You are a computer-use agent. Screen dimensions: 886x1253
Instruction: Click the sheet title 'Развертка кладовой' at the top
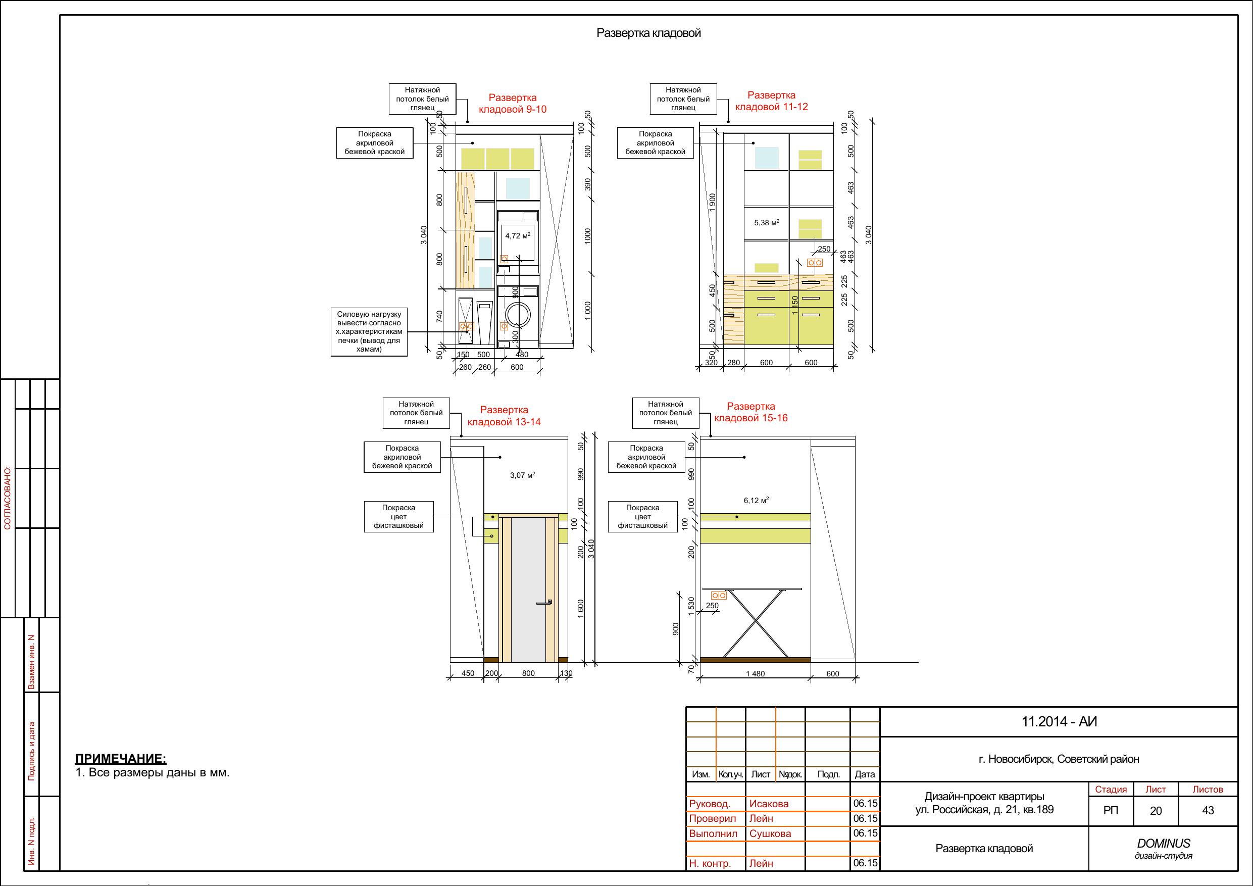tap(648, 33)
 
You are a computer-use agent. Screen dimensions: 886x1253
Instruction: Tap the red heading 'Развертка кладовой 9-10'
tap(513, 103)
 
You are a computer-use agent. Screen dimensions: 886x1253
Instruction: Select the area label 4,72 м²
tap(517, 236)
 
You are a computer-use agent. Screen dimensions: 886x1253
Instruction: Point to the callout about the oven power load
tap(369, 332)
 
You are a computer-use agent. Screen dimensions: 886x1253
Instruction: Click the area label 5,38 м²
tap(766, 223)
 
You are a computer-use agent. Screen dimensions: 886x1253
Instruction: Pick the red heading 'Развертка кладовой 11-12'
tap(771, 101)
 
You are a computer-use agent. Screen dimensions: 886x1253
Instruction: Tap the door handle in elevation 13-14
tap(544, 602)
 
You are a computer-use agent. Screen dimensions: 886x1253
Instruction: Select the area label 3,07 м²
tap(522, 475)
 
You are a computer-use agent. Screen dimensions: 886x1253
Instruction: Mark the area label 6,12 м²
tap(756, 500)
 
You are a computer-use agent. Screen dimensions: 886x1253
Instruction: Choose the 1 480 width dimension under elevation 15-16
tap(756, 674)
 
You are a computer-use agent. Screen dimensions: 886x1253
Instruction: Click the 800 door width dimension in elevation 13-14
tap(528, 673)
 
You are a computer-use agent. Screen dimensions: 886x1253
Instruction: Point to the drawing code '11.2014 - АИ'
tap(1059, 722)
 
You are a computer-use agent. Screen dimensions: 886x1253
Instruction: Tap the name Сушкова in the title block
tap(770, 833)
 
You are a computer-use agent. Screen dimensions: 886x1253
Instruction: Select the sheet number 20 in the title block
tap(1156, 811)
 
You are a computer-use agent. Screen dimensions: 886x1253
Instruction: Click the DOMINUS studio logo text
tap(1164, 844)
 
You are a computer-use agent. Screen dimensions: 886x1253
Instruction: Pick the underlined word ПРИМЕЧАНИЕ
tap(121, 758)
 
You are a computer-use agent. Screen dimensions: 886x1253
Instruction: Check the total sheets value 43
tap(1208, 811)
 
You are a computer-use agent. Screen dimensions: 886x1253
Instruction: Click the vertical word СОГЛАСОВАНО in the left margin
tap(8, 498)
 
